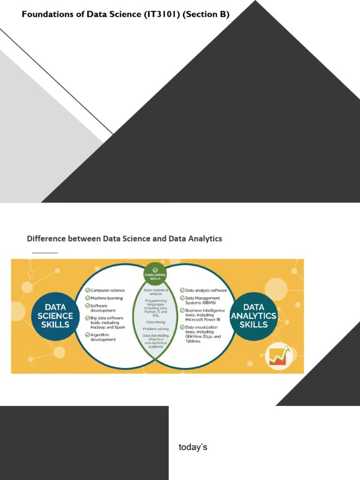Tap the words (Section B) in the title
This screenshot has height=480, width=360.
pos(206,15)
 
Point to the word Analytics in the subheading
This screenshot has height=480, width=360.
pos(205,239)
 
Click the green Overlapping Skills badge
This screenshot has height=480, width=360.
pos(155,273)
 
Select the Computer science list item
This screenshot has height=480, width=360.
pos(107,291)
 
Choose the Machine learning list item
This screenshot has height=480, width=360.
pos(106,298)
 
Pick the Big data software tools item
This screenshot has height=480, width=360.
pos(107,322)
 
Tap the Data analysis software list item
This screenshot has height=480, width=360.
pos(206,291)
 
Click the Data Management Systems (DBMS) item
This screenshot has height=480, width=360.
pos(202,300)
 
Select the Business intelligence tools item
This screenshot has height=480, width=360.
pos(205,313)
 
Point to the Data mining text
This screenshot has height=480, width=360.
pos(156,322)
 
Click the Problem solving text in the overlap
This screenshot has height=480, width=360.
pos(156,329)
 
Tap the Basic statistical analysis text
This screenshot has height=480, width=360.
pos(156,292)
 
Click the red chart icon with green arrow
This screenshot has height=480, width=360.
pos(278,357)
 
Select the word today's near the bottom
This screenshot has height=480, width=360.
pos(193,447)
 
